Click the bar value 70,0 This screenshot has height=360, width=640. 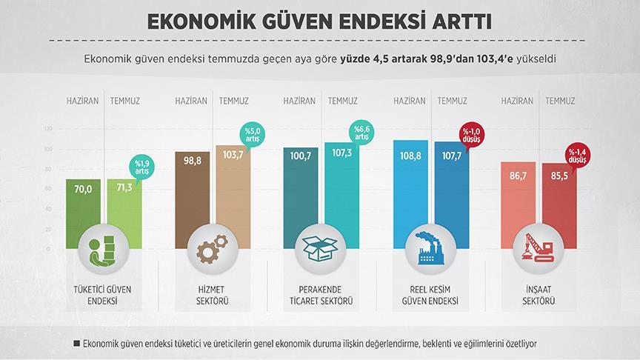[x=83, y=190]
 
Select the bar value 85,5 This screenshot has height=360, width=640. [x=559, y=179]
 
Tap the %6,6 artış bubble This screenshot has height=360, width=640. [x=361, y=134]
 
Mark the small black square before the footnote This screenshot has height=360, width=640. [x=76, y=344]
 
